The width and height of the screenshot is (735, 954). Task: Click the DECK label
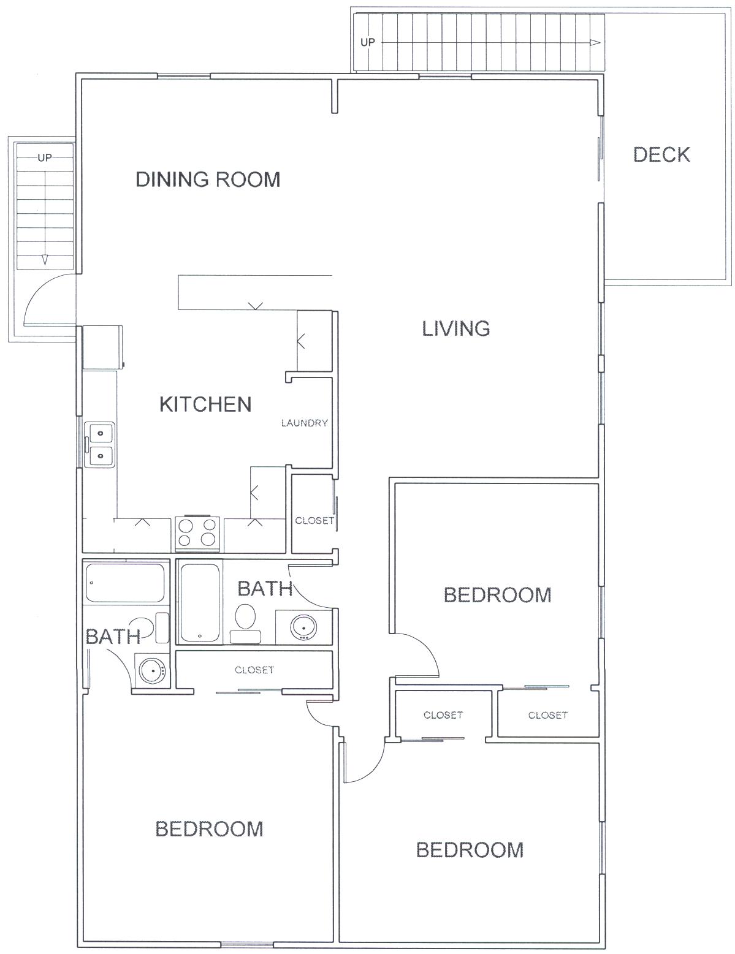[661, 154]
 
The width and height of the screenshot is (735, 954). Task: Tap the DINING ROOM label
[208, 180]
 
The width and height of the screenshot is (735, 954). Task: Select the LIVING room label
[455, 328]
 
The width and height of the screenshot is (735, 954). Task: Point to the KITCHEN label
[205, 404]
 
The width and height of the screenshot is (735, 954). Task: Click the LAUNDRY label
[304, 423]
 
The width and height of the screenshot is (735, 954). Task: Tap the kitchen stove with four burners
[197, 534]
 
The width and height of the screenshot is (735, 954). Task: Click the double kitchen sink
[100, 445]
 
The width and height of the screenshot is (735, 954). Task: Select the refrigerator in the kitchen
[102, 347]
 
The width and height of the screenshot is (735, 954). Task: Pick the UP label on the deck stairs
[368, 42]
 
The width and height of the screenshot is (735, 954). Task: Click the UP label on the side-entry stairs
[44, 157]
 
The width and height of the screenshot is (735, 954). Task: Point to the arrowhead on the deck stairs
[595, 43]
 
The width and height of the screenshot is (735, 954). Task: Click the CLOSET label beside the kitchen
[314, 521]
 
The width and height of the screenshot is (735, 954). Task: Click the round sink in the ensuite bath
[153, 672]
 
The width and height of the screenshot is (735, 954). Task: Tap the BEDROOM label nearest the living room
[498, 595]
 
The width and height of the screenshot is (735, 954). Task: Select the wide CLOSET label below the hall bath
[254, 670]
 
